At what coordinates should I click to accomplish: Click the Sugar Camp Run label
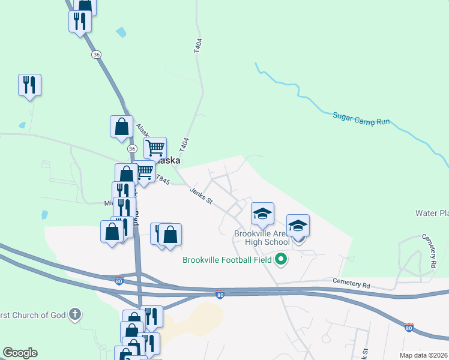(x=361, y=118)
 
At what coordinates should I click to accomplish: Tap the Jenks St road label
(x=202, y=196)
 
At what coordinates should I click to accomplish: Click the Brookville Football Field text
(x=228, y=260)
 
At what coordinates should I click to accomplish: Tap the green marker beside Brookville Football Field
(x=280, y=260)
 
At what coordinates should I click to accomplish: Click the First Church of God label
(x=32, y=315)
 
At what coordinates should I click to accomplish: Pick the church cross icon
(x=74, y=314)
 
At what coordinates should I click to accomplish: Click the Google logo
(x=20, y=353)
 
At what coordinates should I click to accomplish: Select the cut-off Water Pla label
(x=432, y=213)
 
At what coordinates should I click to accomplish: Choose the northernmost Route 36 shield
(x=96, y=55)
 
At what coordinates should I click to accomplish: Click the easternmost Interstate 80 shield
(x=409, y=327)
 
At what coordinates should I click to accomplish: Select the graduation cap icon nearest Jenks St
(x=262, y=213)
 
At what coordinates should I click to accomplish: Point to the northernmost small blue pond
(x=122, y=32)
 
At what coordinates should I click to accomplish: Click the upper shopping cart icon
(x=155, y=146)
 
